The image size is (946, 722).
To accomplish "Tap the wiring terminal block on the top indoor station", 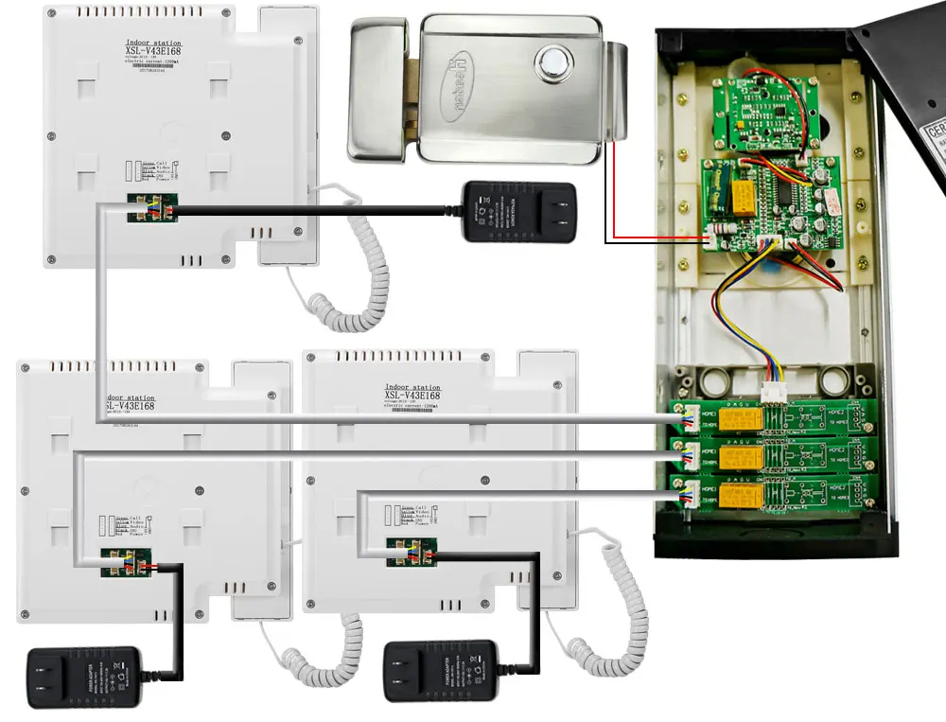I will (152, 209).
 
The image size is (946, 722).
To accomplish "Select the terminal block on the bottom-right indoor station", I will (411, 554).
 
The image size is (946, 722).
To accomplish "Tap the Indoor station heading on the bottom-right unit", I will (412, 388).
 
